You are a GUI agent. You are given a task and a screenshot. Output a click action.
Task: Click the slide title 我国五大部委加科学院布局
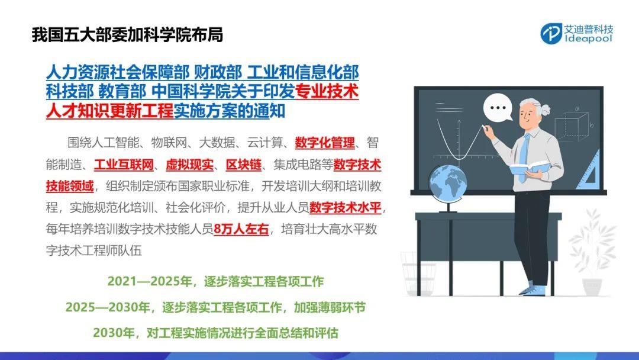click(128, 35)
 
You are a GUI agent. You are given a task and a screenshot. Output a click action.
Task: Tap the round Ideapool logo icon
click(551, 34)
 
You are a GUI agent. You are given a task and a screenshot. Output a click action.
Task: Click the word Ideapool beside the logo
click(589, 38)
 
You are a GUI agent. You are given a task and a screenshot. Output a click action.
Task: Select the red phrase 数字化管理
click(325, 143)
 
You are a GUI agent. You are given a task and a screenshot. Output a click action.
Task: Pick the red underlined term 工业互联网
click(124, 165)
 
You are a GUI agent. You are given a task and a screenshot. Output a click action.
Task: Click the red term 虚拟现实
click(189, 165)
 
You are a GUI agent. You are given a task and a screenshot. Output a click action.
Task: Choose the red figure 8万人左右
click(241, 230)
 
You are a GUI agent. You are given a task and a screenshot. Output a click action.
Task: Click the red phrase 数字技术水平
click(346, 208)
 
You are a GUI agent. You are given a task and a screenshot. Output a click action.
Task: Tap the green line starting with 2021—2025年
click(215, 282)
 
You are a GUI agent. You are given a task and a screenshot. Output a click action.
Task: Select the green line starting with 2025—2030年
click(215, 307)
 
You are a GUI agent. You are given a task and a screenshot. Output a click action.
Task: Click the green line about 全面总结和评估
click(215, 333)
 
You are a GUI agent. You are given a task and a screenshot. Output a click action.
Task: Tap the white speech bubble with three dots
click(498, 107)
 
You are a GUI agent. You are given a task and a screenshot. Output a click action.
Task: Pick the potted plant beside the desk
click(592, 253)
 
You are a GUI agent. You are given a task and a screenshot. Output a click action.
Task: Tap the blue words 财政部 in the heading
click(218, 73)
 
